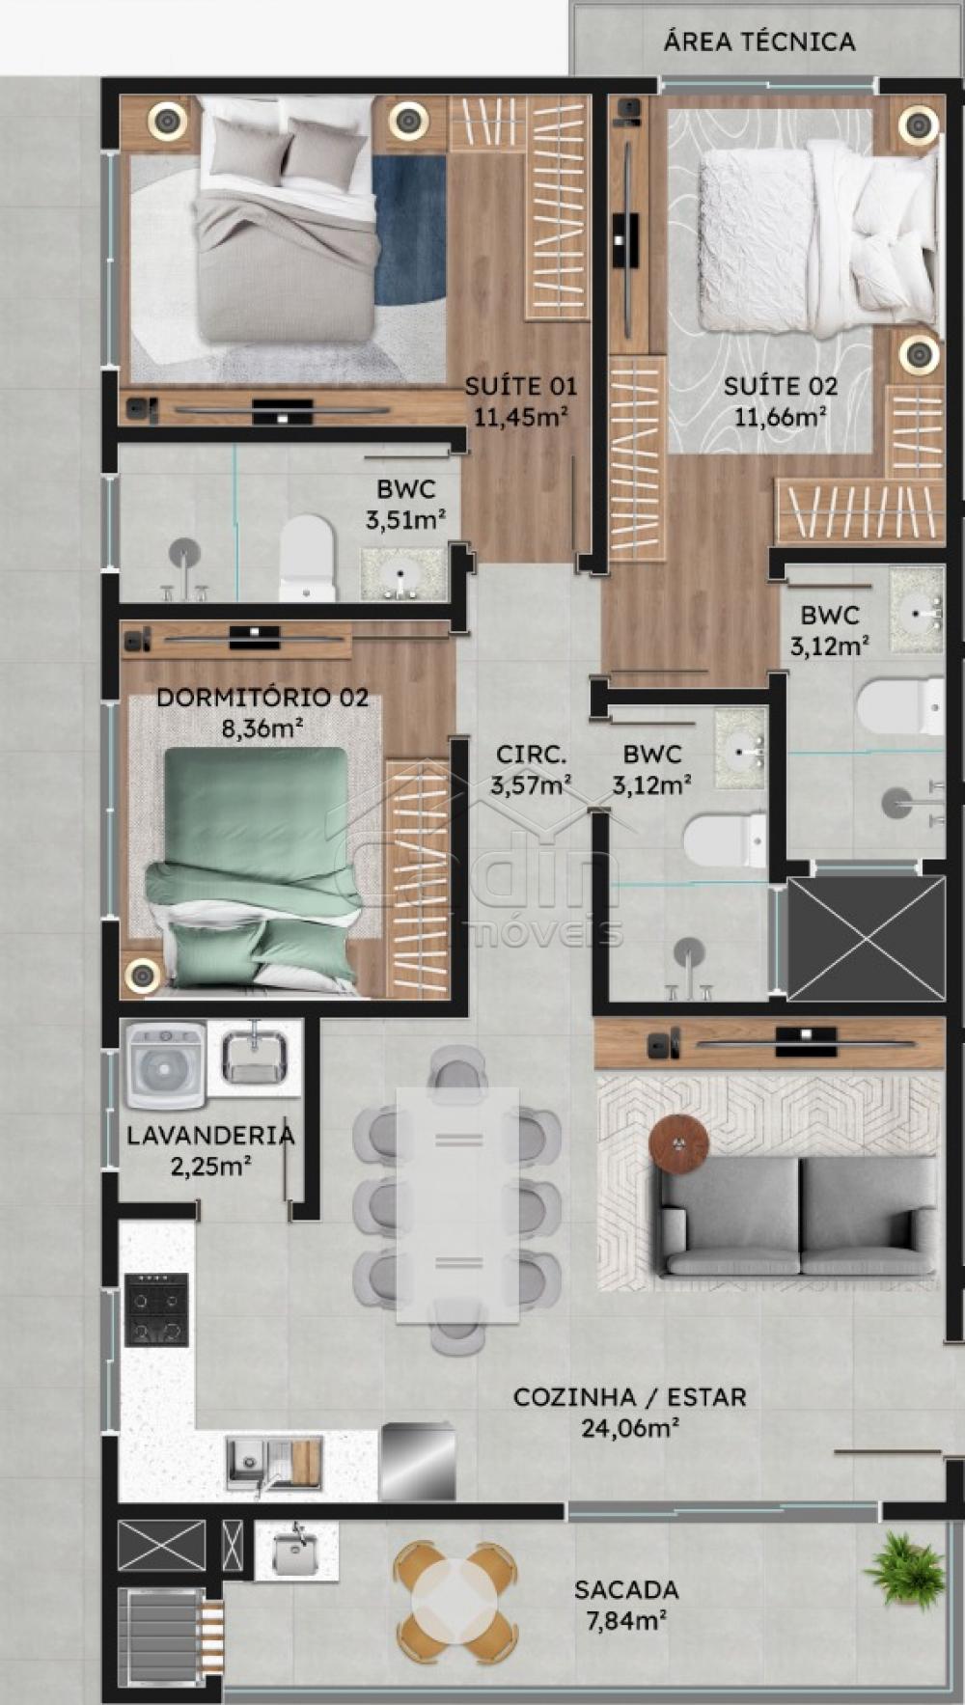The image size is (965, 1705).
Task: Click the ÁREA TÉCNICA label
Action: tap(759, 41)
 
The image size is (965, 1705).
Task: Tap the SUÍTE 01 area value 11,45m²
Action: tap(519, 417)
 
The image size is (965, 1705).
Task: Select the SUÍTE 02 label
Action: tap(781, 386)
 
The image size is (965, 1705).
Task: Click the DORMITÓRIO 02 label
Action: tap(262, 697)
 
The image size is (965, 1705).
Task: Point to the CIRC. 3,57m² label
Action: tap(530, 770)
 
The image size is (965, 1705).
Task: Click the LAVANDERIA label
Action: tap(210, 1135)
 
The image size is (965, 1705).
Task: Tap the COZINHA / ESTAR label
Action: tap(630, 1397)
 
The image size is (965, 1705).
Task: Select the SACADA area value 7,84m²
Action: tap(626, 1621)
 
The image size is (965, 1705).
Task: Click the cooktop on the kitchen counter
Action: tap(156, 1309)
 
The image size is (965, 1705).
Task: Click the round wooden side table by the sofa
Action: tap(679, 1144)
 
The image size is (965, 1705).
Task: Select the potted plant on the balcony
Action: tap(904, 1570)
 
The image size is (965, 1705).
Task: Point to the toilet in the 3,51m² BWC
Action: tap(307, 558)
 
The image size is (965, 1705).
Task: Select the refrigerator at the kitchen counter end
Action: tap(418, 1463)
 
